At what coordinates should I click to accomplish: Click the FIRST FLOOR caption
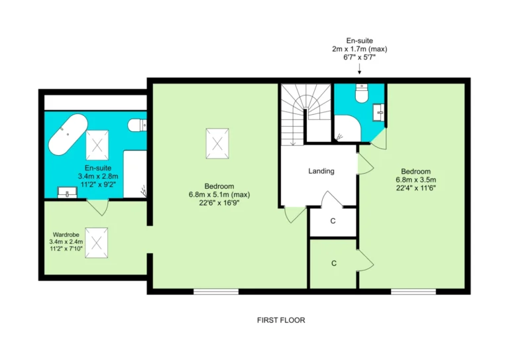click(x=281, y=320)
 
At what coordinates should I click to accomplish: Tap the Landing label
click(x=321, y=171)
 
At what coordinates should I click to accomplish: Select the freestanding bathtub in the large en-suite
click(x=68, y=134)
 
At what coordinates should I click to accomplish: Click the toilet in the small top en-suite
click(x=362, y=93)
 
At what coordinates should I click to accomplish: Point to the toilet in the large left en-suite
click(x=137, y=125)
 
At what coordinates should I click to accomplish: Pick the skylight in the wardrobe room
click(x=96, y=243)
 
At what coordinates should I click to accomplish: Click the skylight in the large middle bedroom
click(x=217, y=143)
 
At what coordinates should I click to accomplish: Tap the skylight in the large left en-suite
click(x=97, y=145)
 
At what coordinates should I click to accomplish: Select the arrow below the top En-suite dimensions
click(x=359, y=69)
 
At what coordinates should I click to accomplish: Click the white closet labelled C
click(x=333, y=222)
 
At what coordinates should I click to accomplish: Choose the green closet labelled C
click(x=333, y=264)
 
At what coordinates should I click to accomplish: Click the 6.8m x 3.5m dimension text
click(x=416, y=180)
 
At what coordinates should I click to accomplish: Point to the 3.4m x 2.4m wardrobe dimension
click(x=66, y=241)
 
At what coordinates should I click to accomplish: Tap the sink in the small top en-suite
click(x=378, y=112)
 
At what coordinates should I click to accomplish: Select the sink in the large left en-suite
click(x=67, y=192)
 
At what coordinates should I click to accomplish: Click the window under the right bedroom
click(x=414, y=292)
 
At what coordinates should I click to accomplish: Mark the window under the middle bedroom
click(x=216, y=292)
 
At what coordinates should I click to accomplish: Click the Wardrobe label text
click(x=66, y=235)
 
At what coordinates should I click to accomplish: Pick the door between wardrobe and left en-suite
click(x=97, y=207)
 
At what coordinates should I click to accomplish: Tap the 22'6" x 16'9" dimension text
click(x=219, y=203)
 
